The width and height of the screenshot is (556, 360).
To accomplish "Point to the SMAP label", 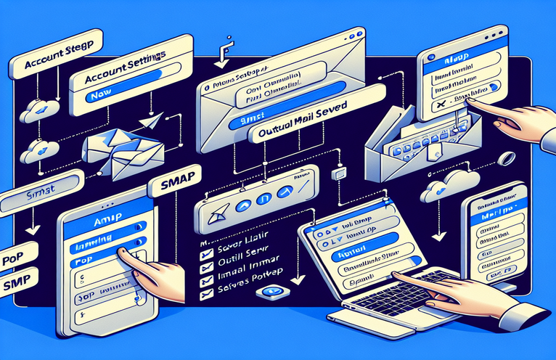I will click(x=173, y=187).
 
